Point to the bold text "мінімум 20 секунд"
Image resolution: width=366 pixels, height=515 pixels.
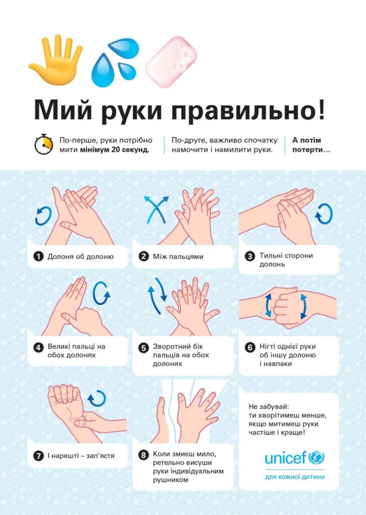click(115, 150)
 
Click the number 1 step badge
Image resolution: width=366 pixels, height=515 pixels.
click(38, 256)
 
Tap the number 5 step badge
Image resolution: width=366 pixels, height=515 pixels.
click(143, 348)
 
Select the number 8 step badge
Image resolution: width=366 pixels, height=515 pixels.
click(143, 455)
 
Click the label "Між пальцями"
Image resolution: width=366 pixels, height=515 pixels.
click(178, 256)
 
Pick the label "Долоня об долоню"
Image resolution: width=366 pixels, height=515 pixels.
click(80, 256)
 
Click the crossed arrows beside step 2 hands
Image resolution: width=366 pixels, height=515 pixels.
click(156, 210)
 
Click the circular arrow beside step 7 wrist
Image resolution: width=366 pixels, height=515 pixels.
click(97, 398)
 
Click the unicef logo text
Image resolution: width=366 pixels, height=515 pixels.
click(286, 458)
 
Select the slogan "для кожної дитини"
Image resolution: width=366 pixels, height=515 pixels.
click(295, 477)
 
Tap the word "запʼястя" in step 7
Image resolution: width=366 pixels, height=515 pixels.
click(101, 456)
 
